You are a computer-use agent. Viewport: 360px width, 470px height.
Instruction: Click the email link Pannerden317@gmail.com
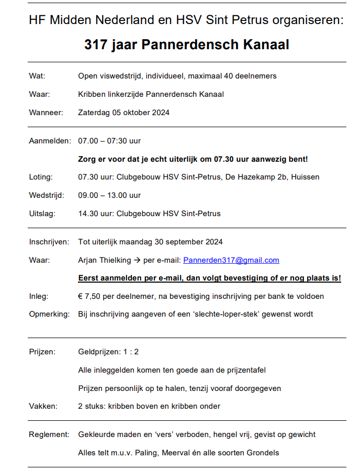[231, 260]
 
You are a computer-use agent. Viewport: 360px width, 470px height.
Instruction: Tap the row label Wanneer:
[46, 112]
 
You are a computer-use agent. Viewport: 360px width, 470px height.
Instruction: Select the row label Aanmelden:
[49, 141]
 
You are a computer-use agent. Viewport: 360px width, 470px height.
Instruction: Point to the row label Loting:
[40, 177]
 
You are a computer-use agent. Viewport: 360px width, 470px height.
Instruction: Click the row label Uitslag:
[41, 213]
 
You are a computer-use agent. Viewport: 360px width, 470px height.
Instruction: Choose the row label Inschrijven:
[49, 242]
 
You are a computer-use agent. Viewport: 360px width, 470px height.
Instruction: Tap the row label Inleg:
[39, 296]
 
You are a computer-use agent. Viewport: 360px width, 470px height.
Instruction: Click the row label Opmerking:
[49, 314]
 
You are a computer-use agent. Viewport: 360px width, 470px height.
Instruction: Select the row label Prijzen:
[42, 352]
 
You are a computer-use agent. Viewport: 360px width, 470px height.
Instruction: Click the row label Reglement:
[49, 434]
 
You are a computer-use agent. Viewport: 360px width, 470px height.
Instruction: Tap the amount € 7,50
[89, 296]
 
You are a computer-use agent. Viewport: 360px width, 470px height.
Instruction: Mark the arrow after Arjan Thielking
[137, 260]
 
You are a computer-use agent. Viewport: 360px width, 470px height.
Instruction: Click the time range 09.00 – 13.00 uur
[109, 195]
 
